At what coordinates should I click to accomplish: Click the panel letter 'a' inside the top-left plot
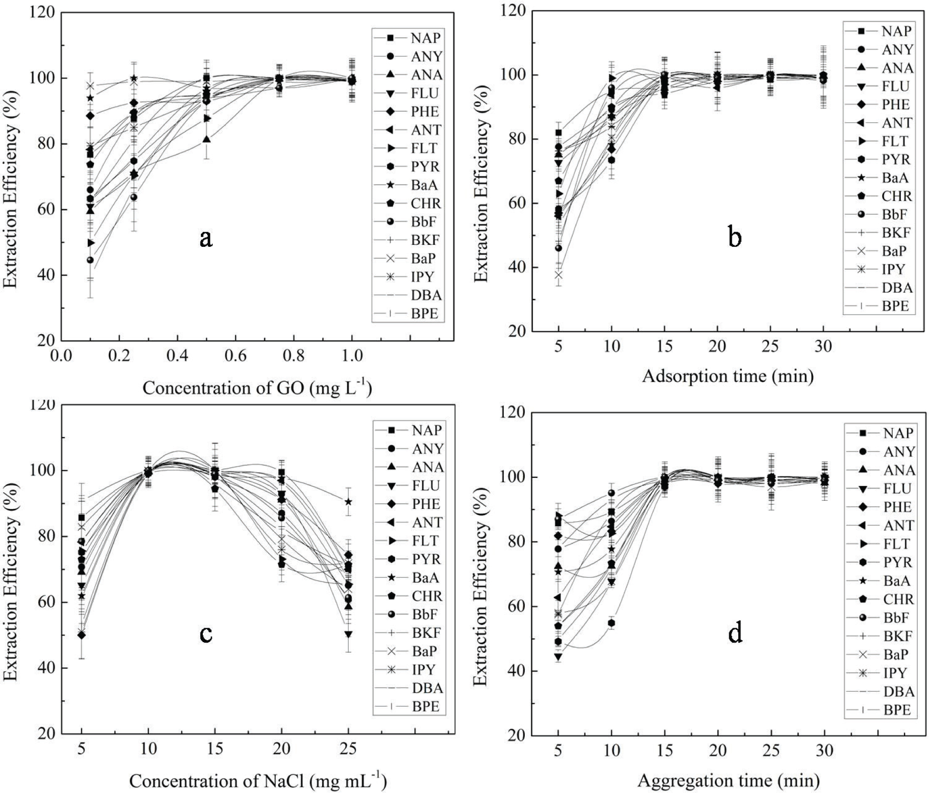click(x=206, y=238)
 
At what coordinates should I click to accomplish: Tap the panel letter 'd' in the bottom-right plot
click(x=735, y=633)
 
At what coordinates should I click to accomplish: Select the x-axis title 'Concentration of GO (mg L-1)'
click(x=257, y=388)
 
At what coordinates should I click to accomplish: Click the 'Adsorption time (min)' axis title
click(x=728, y=376)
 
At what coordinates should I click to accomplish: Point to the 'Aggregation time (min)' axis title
click(x=729, y=781)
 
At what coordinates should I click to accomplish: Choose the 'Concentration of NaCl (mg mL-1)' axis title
click(x=258, y=781)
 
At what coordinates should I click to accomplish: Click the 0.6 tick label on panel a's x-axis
click(x=235, y=356)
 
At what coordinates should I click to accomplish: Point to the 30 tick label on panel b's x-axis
click(x=823, y=346)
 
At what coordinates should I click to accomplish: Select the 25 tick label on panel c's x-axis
click(x=348, y=749)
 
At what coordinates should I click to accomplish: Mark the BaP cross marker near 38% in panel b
click(x=558, y=275)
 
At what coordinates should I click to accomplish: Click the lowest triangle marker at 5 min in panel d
click(x=558, y=657)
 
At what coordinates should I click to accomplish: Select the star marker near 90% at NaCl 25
click(x=349, y=502)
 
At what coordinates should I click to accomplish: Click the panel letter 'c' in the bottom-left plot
click(x=206, y=634)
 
